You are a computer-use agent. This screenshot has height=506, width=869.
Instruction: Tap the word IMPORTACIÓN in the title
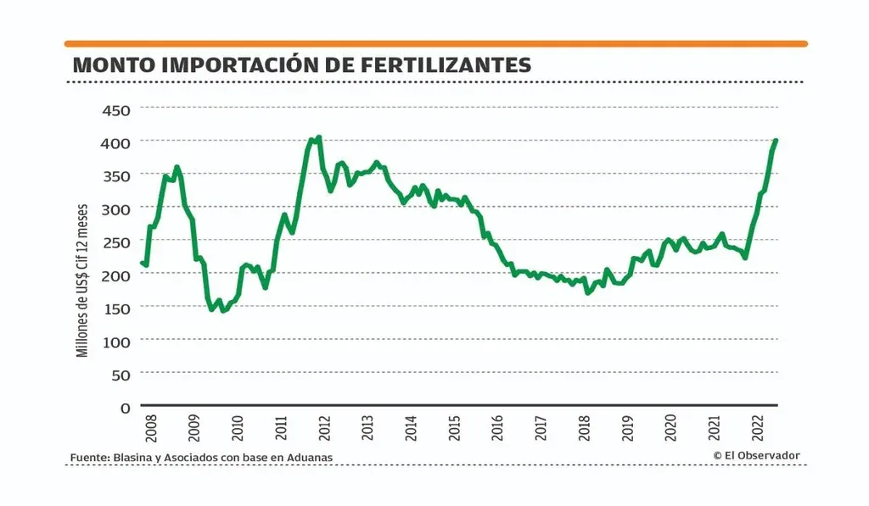[x=248, y=64]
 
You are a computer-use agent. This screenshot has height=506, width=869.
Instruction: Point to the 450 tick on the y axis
[x=115, y=109]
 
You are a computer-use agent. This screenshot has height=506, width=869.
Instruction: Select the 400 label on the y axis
[x=115, y=142]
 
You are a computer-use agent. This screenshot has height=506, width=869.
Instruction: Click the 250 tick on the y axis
[x=115, y=242]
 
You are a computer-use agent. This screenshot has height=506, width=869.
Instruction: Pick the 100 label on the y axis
[x=115, y=341]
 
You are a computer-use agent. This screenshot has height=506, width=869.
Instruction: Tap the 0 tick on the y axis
[x=125, y=407]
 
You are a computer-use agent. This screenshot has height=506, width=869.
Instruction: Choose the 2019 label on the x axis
[x=629, y=429]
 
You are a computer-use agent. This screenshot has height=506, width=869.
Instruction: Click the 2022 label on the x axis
[x=759, y=429]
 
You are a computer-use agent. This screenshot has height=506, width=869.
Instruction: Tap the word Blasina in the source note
[x=132, y=458]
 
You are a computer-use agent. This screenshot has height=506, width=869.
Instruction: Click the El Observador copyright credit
[x=756, y=455]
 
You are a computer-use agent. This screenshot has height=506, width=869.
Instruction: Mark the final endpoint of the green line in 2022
[x=776, y=141]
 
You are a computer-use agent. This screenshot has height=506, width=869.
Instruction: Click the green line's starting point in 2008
[x=142, y=263]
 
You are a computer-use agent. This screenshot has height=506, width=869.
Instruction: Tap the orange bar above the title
[x=435, y=43]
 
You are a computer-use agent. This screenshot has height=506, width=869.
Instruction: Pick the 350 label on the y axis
[x=115, y=175]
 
